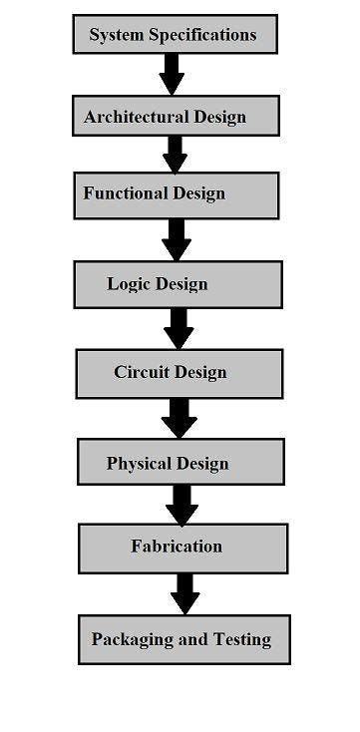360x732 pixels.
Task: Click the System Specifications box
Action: pyautogui.click(x=175, y=35)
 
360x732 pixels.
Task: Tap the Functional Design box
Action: pyautogui.click(x=176, y=195)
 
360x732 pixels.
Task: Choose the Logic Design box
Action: pyautogui.click(x=178, y=284)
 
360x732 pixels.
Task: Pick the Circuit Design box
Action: pyautogui.click(x=179, y=373)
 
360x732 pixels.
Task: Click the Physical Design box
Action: pyautogui.click(x=180, y=462)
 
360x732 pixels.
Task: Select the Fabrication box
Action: pyautogui.click(x=182, y=548)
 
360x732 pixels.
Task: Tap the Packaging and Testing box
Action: pyautogui.click(x=183, y=639)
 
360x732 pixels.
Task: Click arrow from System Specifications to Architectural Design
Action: pyautogui.click(x=172, y=74)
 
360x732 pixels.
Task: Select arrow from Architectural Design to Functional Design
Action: pyautogui.click(x=176, y=154)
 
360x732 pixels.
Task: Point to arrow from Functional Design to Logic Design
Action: pyautogui.click(x=177, y=239)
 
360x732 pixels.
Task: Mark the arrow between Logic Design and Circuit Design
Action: pyautogui.click(x=179, y=327)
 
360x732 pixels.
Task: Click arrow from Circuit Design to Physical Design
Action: pyautogui.click(x=180, y=417)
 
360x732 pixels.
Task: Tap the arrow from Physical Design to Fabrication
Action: pyautogui.click(x=181, y=504)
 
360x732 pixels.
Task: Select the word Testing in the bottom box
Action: pyautogui.click(x=238, y=639)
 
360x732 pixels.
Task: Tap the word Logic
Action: pyautogui.click(x=129, y=284)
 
